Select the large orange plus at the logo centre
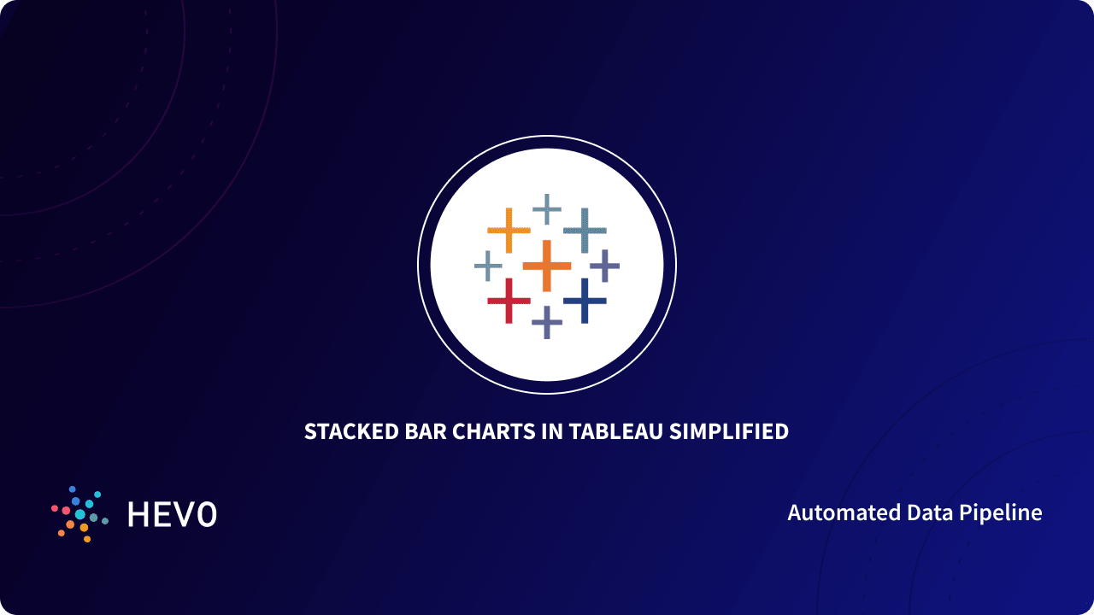(547, 266)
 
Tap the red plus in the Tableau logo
(509, 300)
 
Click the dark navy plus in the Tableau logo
(585, 300)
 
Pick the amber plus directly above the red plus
(509, 230)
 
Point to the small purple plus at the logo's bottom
(547, 322)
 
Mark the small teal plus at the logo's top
(547, 208)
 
